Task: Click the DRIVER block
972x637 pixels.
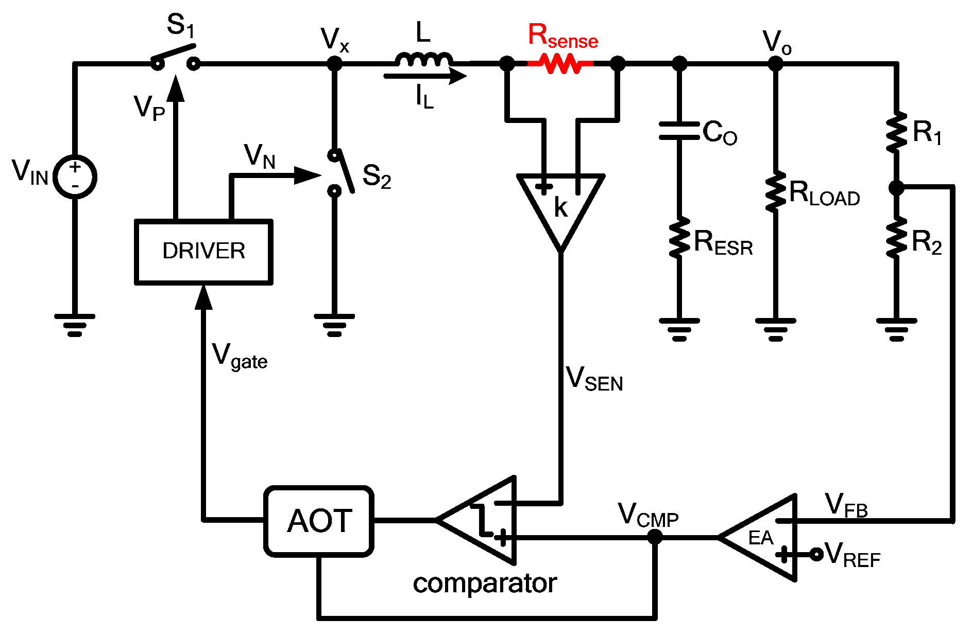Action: [203, 252]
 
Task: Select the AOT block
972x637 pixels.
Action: [319, 521]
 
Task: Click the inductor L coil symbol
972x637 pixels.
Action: [423, 60]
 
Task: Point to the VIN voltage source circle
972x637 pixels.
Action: [75, 176]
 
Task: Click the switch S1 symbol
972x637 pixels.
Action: [175, 57]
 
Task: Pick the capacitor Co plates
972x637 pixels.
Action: [679, 131]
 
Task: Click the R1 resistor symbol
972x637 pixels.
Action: [896, 132]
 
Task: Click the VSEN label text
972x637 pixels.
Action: [594, 379]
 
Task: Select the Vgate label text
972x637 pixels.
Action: [240, 357]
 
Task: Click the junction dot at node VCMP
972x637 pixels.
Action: [654, 537]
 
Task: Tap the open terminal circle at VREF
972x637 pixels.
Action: [816, 554]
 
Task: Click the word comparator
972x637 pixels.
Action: [485, 583]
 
